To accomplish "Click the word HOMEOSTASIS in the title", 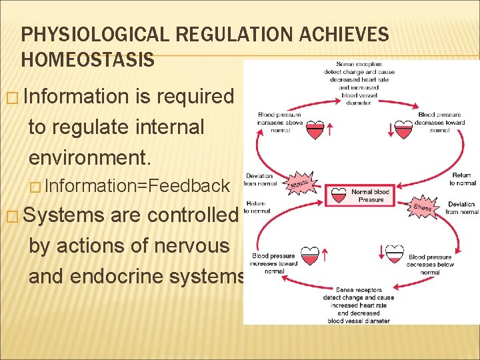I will point(88,59).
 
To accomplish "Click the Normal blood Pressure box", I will point(361,195).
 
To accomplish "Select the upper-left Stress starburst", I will point(301,181).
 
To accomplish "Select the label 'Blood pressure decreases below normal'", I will point(430,264).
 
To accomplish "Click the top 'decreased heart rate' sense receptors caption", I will point(359,79).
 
